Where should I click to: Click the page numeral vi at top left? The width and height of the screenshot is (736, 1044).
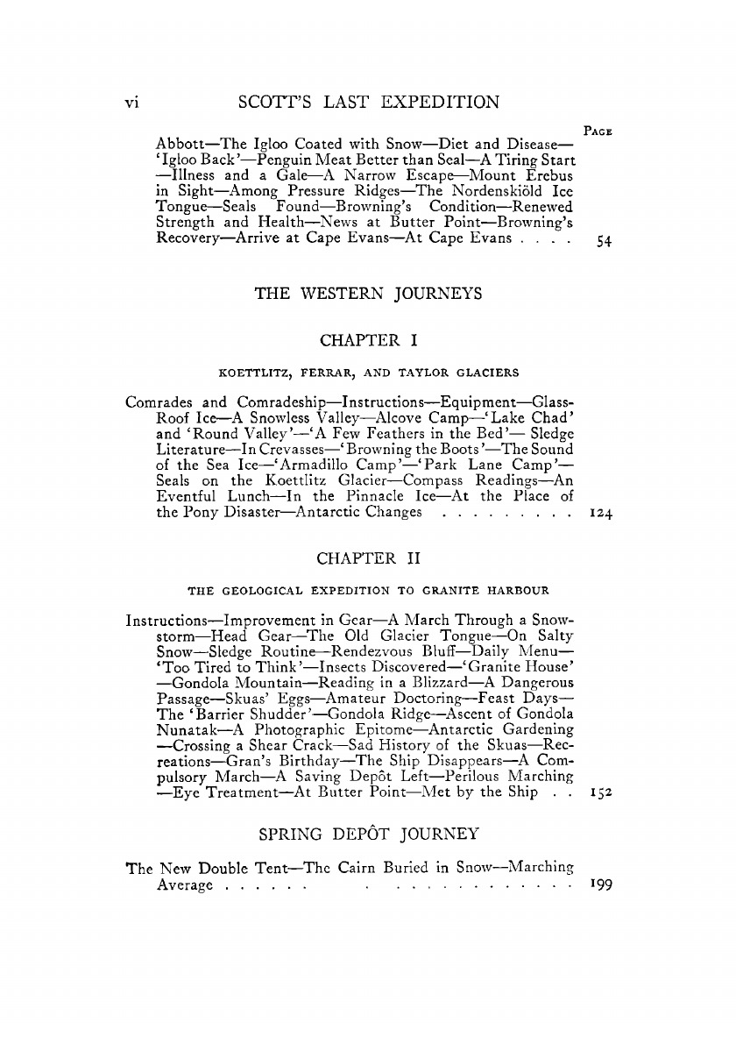pos(131,102)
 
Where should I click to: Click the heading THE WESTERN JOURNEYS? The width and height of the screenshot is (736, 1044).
pos(368,295)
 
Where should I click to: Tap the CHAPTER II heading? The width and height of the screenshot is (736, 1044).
pos(368,558)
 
